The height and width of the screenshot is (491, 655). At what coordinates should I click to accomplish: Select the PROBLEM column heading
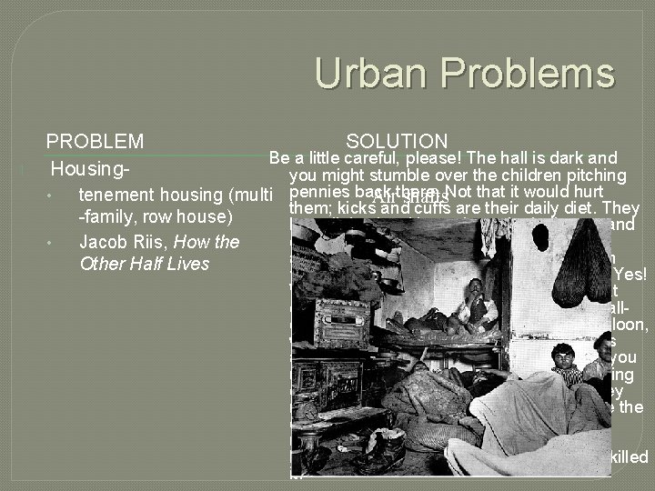point(95,141)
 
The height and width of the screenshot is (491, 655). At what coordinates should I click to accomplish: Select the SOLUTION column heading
point(397,141)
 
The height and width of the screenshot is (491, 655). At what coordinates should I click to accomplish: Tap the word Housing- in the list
point(88,169)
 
